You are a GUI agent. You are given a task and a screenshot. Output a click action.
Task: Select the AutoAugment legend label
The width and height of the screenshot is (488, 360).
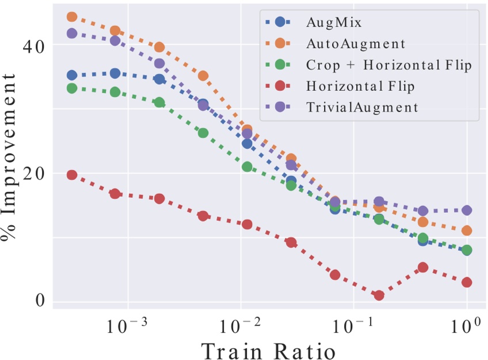coord(356,43)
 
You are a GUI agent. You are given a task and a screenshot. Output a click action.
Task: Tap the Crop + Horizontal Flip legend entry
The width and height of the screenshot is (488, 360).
coord(389,64)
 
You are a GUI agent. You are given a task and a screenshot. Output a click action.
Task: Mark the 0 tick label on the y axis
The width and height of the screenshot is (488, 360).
coord(39,301)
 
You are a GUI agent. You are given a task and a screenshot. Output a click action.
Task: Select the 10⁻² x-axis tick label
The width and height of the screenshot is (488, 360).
coord(238,327)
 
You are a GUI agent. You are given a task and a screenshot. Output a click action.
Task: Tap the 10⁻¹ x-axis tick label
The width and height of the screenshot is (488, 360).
coord(350,327)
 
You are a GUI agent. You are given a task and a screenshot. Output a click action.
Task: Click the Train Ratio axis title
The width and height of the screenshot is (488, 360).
coord(268,350)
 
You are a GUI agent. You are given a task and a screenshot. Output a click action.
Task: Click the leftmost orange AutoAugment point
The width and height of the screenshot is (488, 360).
coord(72,17)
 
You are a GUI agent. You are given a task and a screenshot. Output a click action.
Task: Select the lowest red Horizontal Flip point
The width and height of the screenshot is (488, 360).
coord(379,295)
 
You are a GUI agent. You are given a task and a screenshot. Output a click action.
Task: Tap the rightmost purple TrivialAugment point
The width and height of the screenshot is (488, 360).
coord(467,210)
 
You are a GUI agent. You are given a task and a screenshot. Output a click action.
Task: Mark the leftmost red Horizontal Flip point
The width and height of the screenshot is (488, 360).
coord(72,175)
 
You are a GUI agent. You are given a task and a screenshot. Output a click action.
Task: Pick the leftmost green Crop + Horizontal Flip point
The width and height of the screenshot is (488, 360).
coord(72,89)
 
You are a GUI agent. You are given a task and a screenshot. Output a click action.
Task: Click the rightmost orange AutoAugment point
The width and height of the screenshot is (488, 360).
coord(467,231)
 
